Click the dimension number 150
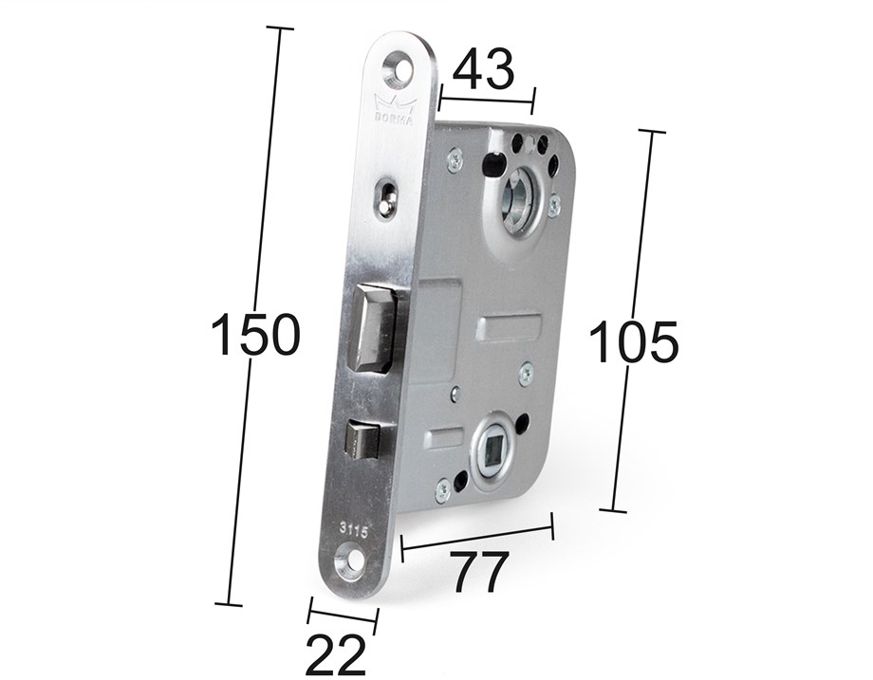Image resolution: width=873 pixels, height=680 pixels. pos(256,335)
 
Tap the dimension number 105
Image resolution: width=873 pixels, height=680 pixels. pos(634,341)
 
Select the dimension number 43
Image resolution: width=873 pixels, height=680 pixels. pos(483,69)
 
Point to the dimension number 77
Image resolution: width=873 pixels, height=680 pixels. pos(480,572)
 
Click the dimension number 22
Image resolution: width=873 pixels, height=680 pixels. pos(336,654)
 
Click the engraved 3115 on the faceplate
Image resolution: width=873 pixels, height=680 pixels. pos(354,532)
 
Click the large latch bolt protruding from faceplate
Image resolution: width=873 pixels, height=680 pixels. pos(371,328)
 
